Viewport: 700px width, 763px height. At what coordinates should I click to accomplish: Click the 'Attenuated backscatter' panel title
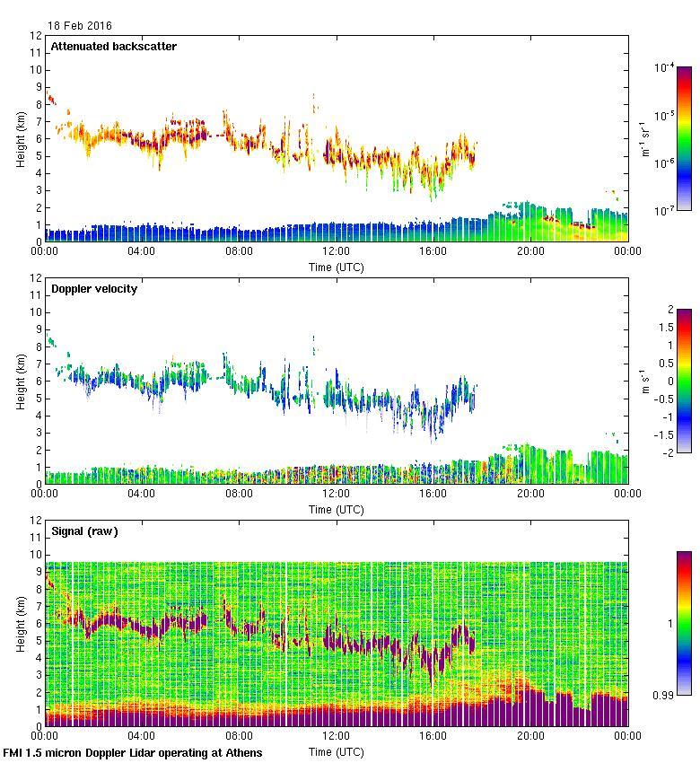tap(113, 47)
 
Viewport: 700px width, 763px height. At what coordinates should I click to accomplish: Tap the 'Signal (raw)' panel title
tap(84, 531)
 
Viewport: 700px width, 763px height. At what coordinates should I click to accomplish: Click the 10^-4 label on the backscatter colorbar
tap(665, 67)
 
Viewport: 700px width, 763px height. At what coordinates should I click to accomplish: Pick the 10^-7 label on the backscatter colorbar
tap(665, 211)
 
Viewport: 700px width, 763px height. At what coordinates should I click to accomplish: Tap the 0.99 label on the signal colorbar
tap(663, 696)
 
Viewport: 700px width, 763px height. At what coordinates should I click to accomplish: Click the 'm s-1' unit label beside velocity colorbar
tap(644, 381)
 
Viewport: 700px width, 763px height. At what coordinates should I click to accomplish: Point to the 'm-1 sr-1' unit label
tap(644, 139)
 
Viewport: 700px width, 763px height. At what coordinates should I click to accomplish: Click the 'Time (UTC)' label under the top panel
tap(337, 267)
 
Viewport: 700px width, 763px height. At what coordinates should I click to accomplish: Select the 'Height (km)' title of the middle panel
tap(20, 381)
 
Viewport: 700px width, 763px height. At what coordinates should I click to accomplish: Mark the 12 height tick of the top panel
tap(35, 36)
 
